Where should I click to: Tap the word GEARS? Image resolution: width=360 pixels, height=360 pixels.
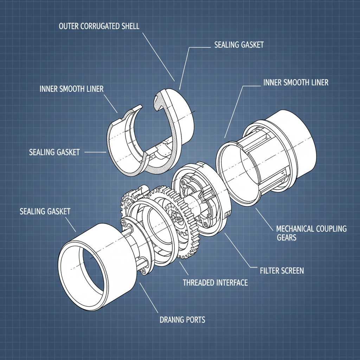[287, 238]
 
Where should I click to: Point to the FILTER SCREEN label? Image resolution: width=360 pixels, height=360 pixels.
[282, 271]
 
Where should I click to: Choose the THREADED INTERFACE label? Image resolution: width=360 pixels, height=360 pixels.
[215, 283]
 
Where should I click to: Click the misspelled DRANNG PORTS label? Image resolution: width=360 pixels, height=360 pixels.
[182, 320]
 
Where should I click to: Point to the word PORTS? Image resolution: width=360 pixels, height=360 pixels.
[195, 320]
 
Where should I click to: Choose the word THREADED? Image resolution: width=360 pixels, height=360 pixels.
[199, 283]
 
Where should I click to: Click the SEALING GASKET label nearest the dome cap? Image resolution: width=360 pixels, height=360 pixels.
[239, 45]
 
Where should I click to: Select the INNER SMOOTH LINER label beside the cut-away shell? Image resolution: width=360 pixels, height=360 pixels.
[72, 89]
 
